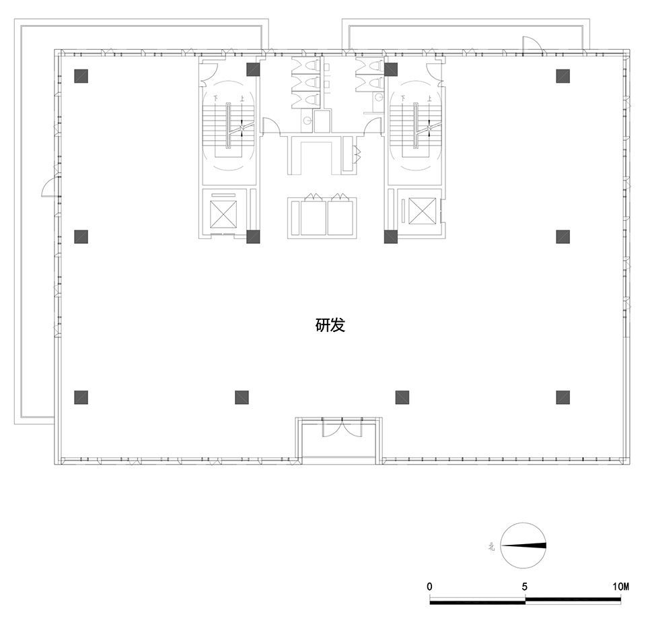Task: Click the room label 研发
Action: tap(330, 326)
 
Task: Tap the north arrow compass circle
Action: tap(524, 546)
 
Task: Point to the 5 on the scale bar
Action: tap(524, 587)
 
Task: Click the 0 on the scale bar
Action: tap(429, 587)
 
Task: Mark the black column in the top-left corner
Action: tap(81, 75)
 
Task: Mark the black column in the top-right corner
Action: tap(563, 75)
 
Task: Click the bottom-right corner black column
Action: tap(563, 397)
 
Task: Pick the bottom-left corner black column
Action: tap(81, 397)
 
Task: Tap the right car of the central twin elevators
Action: tap(340, 218)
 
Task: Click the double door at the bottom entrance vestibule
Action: tap(333, 428)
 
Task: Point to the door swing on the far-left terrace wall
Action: tap(48, 188)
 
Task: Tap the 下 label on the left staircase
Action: tap(216, 98)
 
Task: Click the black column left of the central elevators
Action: tap(253, 236)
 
